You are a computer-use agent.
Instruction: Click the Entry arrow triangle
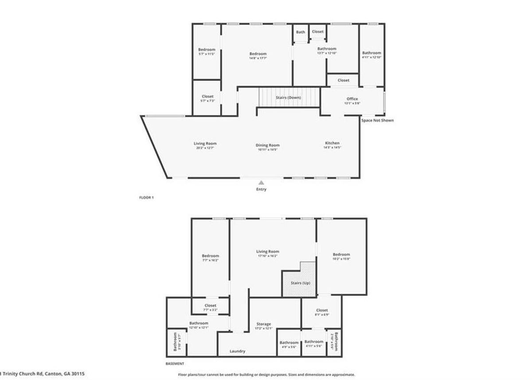[x=262, y=182]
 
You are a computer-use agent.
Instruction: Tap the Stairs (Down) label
[x=289, y=97]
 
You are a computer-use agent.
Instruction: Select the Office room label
[x=352, y=99]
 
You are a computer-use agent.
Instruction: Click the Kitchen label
[x=332, y=143]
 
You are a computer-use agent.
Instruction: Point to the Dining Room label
[x=267, y=145]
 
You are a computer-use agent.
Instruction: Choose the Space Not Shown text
[x=377, y=120]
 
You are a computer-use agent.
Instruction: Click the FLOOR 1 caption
[x=146, y=197]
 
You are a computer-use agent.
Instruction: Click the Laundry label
[x=238, y=351]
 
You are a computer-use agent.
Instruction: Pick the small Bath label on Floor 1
[x=301, y=32]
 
